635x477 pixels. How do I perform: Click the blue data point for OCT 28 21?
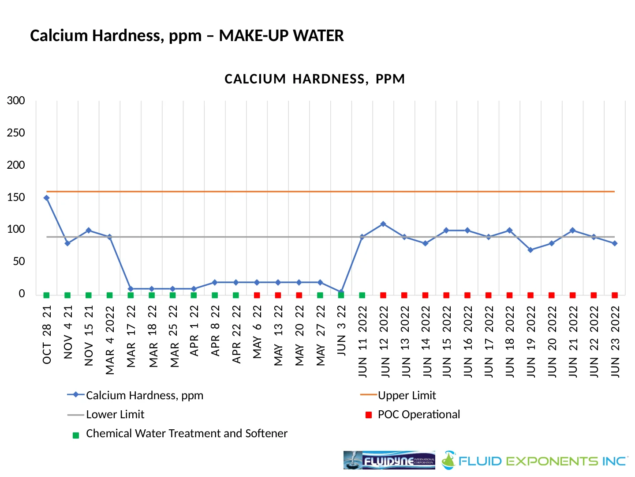46,198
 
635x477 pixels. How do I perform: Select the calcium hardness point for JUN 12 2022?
383,224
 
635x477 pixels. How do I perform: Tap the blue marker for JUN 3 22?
341,292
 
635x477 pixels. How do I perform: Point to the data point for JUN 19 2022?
530,250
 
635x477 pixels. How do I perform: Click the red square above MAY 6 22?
257,295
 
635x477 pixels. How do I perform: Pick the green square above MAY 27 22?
320,295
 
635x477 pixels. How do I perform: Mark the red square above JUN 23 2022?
615,295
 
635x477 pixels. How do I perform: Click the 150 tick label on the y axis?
16,197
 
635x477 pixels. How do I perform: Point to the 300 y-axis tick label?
16,100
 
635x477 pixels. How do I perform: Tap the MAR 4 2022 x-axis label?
110,340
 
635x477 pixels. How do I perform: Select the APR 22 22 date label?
236,334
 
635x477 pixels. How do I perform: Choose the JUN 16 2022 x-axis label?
468,341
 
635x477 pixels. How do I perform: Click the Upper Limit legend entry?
407,395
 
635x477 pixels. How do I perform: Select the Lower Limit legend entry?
115,414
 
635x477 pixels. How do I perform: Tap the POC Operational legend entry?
418,414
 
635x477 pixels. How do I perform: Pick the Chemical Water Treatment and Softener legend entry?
186,434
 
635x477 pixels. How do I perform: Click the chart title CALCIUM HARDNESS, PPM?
314,79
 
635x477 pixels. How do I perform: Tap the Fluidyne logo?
389,460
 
